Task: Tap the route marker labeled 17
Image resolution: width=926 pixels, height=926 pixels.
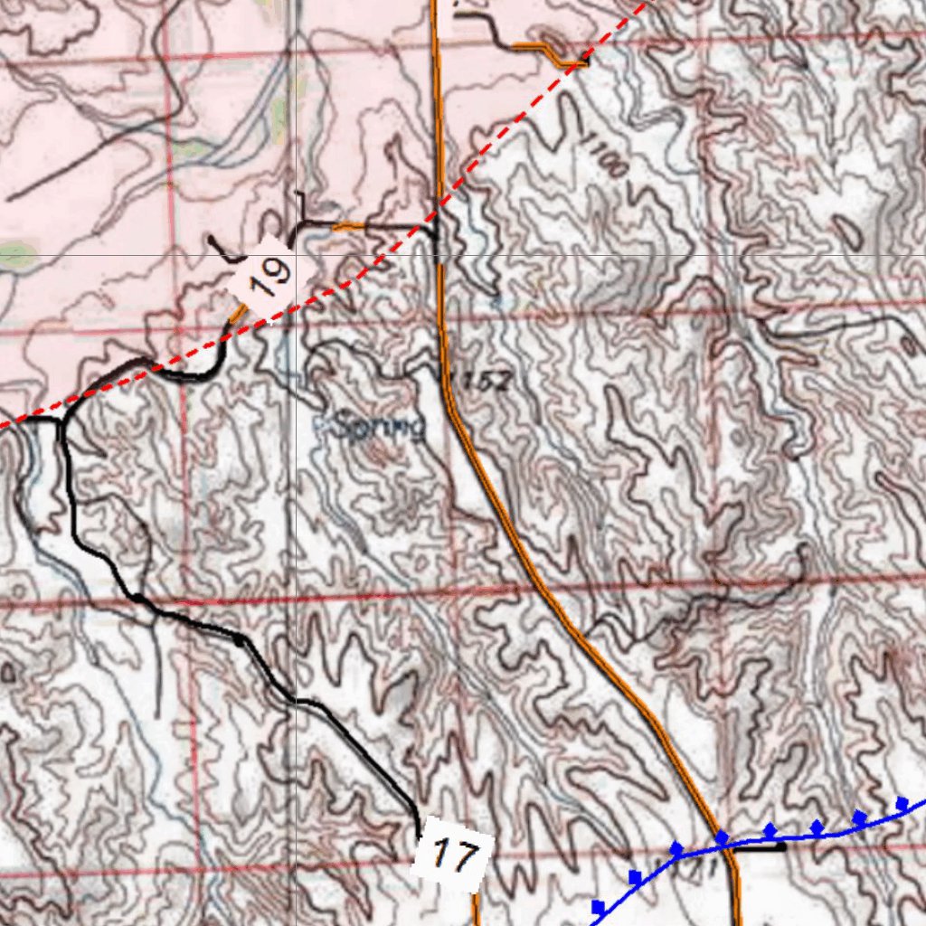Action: coord(452,854)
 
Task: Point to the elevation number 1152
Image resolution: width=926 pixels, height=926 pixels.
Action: coord(480,382)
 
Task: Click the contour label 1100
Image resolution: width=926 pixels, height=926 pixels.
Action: coord(604,155)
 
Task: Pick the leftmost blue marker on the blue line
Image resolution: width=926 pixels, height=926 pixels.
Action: coord(597,906)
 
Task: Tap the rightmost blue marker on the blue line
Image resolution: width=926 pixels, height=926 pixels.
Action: coord(902,803)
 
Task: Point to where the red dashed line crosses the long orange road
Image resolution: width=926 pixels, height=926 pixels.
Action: coord(439,212)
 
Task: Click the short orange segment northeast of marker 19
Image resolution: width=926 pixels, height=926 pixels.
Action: coord(349,226)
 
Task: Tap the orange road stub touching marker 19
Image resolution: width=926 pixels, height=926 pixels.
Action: coord(238,313)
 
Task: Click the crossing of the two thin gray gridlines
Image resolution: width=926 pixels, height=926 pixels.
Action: coord(295,255)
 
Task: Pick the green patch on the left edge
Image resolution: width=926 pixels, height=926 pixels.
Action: coord(16,256)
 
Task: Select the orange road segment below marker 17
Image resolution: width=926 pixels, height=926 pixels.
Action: coord(476,908)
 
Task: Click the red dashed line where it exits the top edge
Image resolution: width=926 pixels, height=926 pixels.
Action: coord(644,3)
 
